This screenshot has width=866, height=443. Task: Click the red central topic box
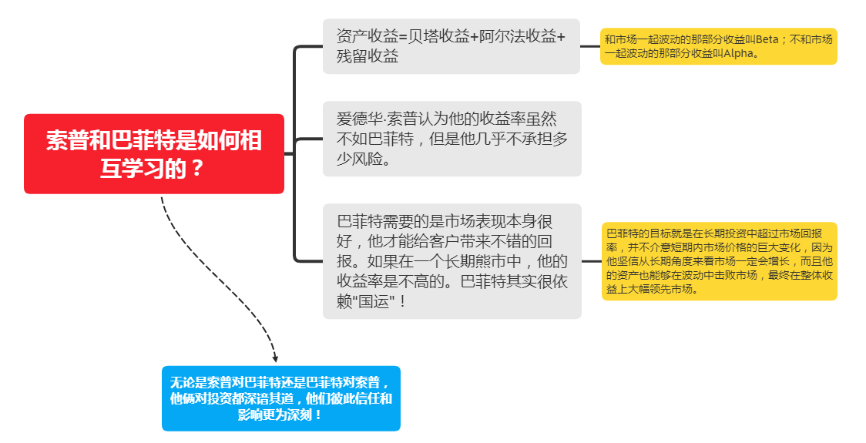click(x=154, y=154)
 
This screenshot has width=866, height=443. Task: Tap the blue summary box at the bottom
click(x=280, y=398)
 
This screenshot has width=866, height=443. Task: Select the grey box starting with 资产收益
click(x=451, y=46)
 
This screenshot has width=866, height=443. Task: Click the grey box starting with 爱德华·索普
click(x=451, y=139)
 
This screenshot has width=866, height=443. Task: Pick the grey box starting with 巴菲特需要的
click(x=451, y=260)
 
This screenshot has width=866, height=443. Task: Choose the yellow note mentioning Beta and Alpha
click(x=718, y=46)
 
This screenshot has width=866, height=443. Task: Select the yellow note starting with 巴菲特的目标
click(x=718, y=260)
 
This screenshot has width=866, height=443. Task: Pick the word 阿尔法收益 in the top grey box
click(x=518, y=37)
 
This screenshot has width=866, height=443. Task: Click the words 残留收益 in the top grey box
click(x=368, y=56)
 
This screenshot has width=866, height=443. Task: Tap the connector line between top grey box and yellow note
click(x=590, y=46)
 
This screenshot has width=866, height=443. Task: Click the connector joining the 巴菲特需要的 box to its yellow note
click(x=591, y=261)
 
